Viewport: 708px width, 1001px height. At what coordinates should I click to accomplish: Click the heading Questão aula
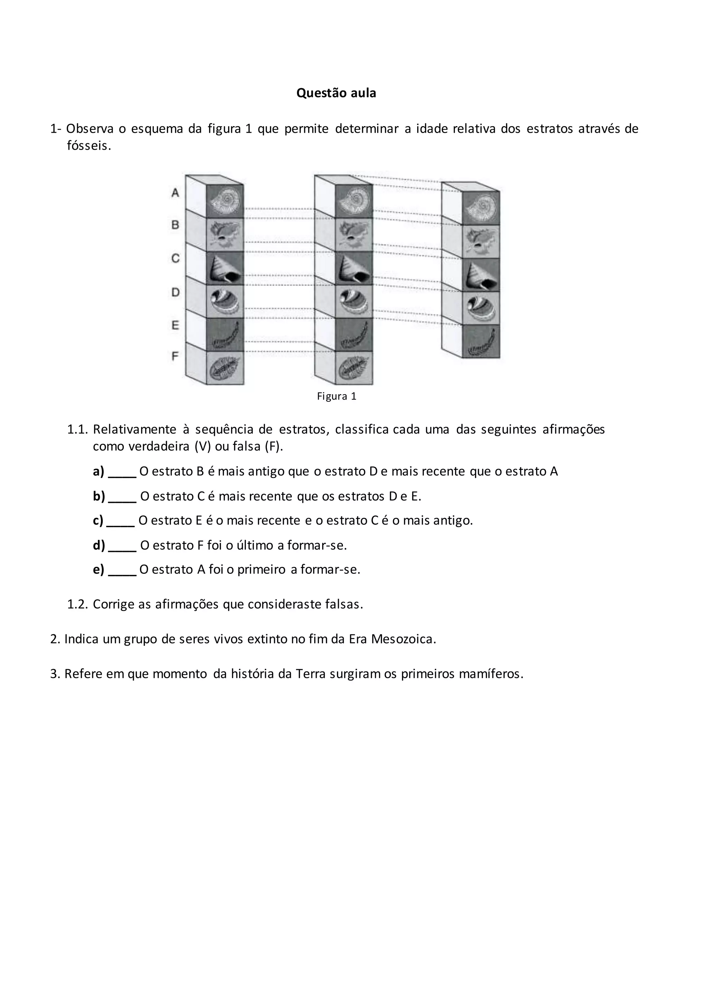tap(336, 93)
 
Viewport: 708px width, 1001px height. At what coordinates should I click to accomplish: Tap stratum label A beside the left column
tap(175, 193)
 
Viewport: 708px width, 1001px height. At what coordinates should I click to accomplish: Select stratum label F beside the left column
tap(175, 357)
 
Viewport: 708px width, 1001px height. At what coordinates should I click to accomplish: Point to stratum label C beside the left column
tap(175, 259)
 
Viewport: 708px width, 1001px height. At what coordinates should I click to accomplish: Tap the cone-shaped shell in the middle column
tap(354, 269)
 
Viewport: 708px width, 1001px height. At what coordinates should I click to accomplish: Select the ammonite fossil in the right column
tap(481, 208)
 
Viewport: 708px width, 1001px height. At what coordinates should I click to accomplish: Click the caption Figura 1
tap(337, 396)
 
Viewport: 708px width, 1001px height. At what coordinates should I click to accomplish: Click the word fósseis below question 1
tap(89, 146)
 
